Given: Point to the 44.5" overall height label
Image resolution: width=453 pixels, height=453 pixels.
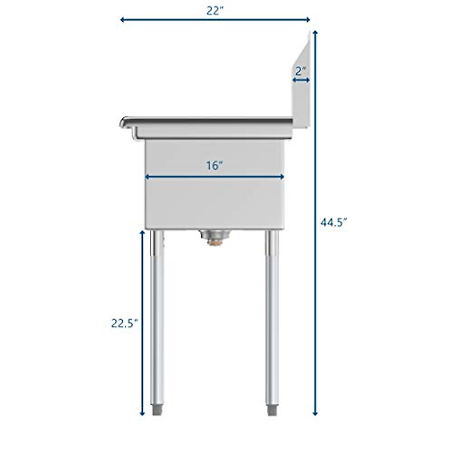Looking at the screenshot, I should click(333, 223).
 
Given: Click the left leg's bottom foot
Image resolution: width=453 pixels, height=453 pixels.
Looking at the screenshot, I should click(157, 410).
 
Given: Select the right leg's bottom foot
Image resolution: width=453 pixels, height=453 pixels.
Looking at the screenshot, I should click(272, 410).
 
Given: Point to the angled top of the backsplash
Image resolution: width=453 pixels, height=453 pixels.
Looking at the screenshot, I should click(302, 49).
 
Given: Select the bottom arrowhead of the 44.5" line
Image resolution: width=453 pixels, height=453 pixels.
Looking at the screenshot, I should click(315, 413).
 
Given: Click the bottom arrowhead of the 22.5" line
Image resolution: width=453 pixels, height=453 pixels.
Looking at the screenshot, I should click(142, 413).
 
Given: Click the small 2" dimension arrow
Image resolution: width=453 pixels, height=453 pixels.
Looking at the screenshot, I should click(301, 80).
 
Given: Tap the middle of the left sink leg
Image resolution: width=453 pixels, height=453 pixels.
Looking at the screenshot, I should click(157, 321).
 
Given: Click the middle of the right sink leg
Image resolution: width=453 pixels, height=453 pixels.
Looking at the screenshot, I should click(272, 321).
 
